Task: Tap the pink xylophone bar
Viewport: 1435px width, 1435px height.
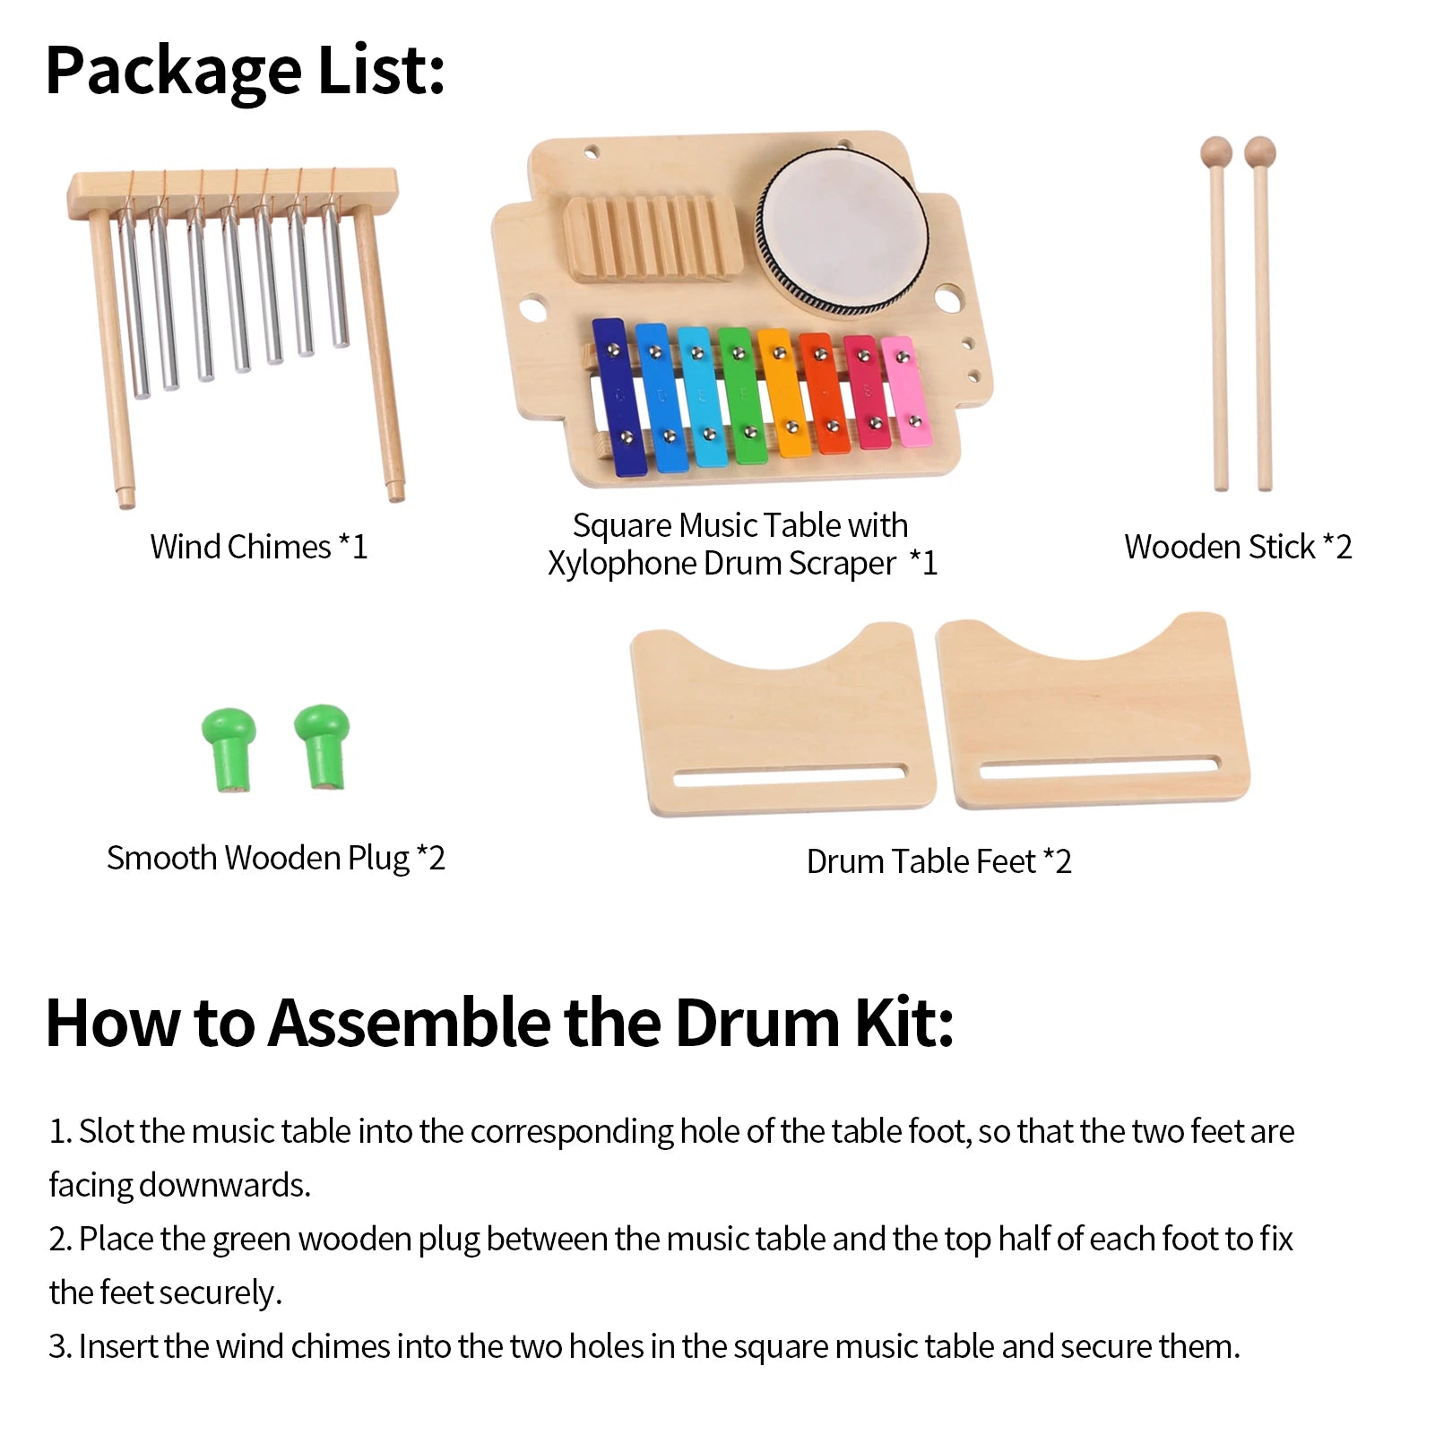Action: [x=905, y=391]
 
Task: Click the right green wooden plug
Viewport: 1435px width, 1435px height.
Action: [x=323, y=745]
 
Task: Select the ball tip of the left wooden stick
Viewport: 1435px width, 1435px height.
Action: [x=1216, y=151]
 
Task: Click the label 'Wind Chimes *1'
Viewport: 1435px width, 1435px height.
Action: [x=259, y=547]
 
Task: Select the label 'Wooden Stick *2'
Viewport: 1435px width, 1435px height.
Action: [x=1238, y=547]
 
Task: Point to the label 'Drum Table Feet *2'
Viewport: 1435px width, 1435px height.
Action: [x=938, y=861]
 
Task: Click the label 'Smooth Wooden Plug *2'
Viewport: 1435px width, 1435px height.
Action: [x=275, y=858]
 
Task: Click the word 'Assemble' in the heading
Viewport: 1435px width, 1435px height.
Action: [x=409, y=1023]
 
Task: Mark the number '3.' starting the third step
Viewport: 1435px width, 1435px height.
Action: [x=60, y=1346]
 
